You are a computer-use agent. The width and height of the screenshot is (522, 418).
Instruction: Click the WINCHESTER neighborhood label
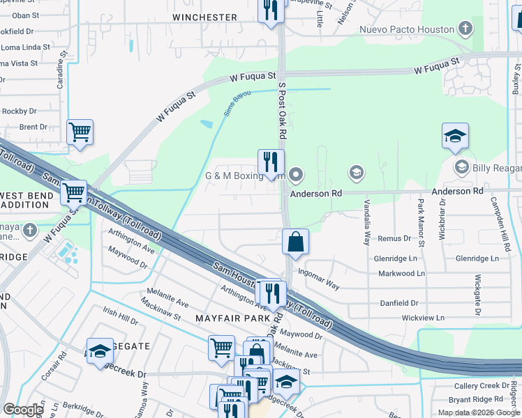[x=204, y=17]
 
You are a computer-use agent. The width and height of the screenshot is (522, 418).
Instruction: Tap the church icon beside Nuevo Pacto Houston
[x=465, y=29]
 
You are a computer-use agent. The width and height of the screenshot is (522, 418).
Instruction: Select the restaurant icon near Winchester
[x=271, y=10]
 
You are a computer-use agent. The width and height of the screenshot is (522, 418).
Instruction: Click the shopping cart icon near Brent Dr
[x=80, y=131]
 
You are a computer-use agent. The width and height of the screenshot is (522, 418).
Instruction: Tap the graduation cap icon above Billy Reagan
[x=454, y=136]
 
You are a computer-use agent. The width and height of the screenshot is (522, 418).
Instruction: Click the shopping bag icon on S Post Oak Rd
[x=296, y=242]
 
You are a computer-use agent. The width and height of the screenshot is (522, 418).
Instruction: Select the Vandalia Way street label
[x=367, y=222]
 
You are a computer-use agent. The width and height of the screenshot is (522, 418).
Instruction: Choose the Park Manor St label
[x=421, y=223]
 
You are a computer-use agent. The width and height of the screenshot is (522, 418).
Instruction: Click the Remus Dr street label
[x=394, y=238]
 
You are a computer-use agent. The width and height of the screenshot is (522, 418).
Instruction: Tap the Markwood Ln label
[x=401, y=274]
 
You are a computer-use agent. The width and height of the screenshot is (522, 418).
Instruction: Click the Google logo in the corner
[x=22, y=409]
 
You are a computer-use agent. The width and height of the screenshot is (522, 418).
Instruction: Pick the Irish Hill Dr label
[x=120, y=318]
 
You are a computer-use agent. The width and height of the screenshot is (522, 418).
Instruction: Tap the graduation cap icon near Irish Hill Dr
[x=100, y=351]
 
